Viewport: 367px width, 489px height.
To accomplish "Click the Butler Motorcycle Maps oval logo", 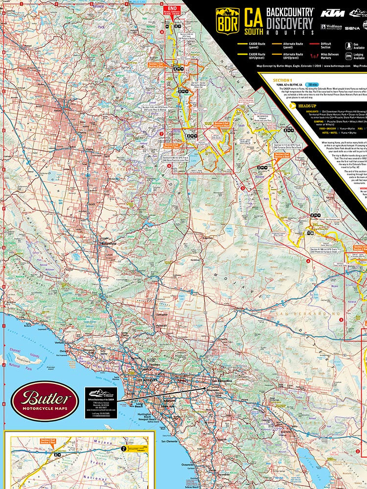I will tap(45, 400).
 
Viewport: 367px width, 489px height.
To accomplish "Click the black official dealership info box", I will tap(101, 401).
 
